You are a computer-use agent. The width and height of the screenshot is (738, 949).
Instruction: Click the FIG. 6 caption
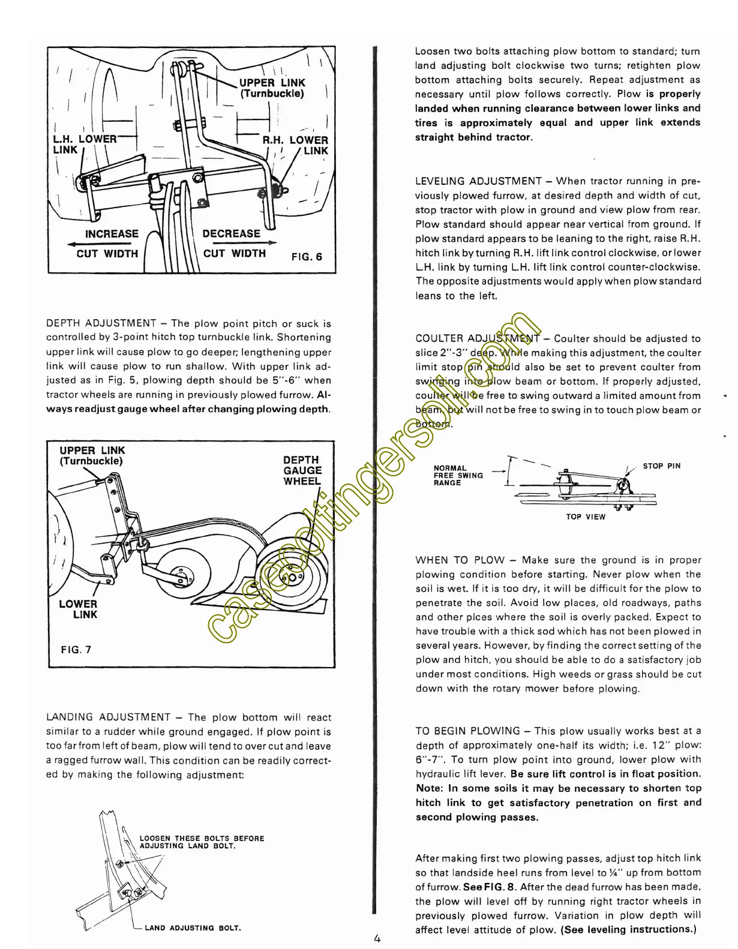tap(307, 257)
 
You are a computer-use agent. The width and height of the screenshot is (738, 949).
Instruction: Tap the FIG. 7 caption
tap(76, 649)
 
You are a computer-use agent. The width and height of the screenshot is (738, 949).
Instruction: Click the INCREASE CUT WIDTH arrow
tap(102, 244)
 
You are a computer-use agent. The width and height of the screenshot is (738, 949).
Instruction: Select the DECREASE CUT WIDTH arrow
tap(240, 243)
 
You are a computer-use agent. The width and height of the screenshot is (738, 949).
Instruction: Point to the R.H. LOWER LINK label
tap(297, 145)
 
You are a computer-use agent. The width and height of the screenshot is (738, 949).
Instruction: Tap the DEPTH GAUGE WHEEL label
tap(302, 470)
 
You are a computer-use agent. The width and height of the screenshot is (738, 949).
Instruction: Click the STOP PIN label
tap(661, 466)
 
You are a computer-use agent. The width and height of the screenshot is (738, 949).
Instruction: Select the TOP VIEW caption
tap(586, 516)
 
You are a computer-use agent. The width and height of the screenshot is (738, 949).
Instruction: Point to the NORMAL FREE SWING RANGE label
tap(458, 475)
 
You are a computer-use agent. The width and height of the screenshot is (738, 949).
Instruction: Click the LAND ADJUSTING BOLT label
tap(193, 928)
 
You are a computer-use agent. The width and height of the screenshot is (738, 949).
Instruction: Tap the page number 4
tap(377, 939)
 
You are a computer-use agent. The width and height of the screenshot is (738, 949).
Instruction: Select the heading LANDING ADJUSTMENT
tap(109, 717)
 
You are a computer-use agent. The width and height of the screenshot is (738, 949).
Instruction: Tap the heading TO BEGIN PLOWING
tap(467, 731)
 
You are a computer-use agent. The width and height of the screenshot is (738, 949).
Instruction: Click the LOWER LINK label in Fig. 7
tap(79, 609)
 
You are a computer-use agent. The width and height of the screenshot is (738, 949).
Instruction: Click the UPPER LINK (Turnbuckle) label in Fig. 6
tap(272, 88)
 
